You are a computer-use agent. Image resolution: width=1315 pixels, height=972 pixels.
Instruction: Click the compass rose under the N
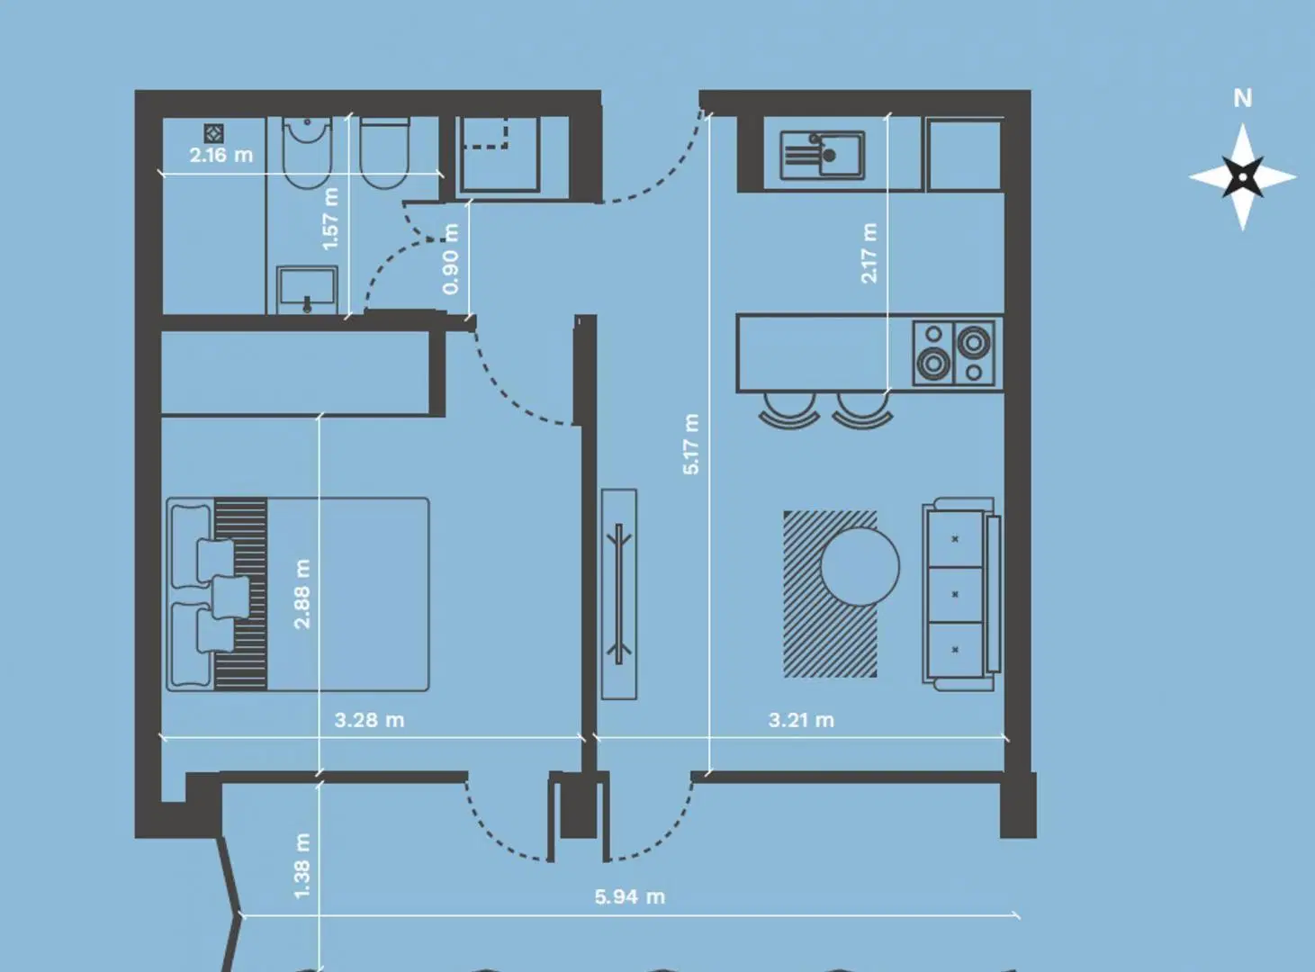tap(1243, 176)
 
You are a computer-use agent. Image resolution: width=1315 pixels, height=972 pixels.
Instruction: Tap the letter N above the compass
tap(1243, 98)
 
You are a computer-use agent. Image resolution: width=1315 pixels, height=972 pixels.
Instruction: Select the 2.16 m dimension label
tap(221, 156)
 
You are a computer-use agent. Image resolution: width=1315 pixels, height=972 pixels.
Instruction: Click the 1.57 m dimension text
tap(330, 219)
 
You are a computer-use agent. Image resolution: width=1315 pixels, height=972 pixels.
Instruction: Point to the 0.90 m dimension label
tap(451, 258)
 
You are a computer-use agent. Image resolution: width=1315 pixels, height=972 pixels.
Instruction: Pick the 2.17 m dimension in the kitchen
tap(869, 253)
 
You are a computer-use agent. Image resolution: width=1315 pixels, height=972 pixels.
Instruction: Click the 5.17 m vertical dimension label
tap(691, 445)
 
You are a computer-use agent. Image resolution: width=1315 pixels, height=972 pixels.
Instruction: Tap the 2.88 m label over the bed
tap(302, 594)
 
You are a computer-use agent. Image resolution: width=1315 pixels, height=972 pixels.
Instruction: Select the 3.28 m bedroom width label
tap(369, 720)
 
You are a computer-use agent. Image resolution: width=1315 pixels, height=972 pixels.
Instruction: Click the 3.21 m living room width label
tap(801, 720)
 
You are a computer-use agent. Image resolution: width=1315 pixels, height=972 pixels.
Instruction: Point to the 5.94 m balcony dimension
tap(630, 896)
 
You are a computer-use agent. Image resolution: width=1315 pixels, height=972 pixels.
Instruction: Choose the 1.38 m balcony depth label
tap(302, 866)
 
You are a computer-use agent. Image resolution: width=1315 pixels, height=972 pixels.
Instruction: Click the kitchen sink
tap(822, 156)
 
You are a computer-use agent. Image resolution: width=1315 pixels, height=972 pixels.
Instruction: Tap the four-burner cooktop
tap(954, 354)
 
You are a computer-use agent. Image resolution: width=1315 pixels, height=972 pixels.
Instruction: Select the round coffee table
tap(860, 566)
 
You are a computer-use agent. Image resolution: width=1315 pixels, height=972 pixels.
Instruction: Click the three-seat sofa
tap(961, 594)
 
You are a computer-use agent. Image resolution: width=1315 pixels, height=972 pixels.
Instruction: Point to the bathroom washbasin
tap(307, 290)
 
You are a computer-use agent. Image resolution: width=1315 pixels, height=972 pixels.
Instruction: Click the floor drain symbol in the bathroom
tap(213, 133)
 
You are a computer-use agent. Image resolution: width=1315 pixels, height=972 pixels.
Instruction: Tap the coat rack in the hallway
tap(619, 594)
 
